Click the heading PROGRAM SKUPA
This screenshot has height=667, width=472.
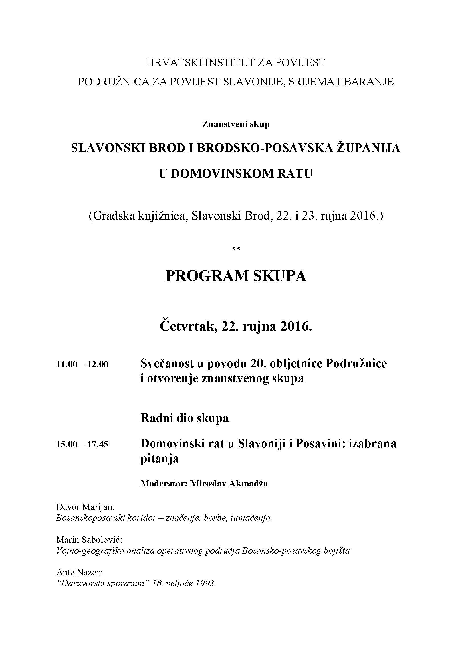click(236, 276)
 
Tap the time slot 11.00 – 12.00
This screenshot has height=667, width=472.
click(82, 364)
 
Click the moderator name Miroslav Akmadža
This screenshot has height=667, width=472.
click(229, 483)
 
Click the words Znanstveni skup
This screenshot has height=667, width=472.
click(236, 124)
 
